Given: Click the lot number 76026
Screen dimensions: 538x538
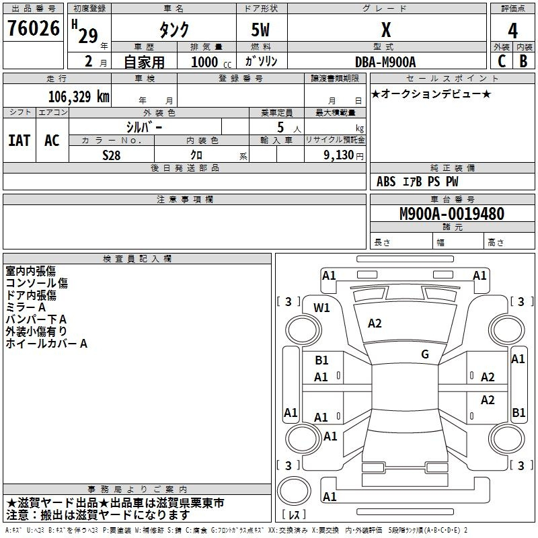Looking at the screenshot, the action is [34, 28].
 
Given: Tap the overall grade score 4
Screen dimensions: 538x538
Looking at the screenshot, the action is [512, 31].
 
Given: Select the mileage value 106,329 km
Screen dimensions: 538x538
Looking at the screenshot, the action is [79, 97].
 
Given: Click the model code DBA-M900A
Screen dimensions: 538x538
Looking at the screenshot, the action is [385, 62].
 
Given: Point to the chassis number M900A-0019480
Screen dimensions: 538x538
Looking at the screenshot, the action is [452, 214].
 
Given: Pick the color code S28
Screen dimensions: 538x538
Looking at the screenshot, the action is [112, 155].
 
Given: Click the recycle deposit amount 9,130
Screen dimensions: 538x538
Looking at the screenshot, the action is [339, 155].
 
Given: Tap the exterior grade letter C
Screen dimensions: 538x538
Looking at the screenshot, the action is [502, 61].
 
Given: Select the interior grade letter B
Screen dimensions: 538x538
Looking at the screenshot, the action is [523, 61].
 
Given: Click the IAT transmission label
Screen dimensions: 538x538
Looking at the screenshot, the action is [20, 141].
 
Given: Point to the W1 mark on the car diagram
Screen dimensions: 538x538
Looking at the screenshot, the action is [321, 308].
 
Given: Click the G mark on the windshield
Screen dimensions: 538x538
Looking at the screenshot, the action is [425, 354].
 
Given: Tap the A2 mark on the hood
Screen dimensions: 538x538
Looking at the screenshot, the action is [375, 323].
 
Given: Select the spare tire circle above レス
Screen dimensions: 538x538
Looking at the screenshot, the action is [294, 491].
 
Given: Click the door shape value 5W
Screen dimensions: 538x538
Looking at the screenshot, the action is [260, 30].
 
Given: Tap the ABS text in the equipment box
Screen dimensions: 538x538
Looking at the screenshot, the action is [386, 182].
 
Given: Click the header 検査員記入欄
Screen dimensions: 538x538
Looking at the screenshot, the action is [137, 259].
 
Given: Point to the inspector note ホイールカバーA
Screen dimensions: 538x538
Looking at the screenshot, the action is [46, 344].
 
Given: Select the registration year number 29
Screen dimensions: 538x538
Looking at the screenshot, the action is [88, 36].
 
